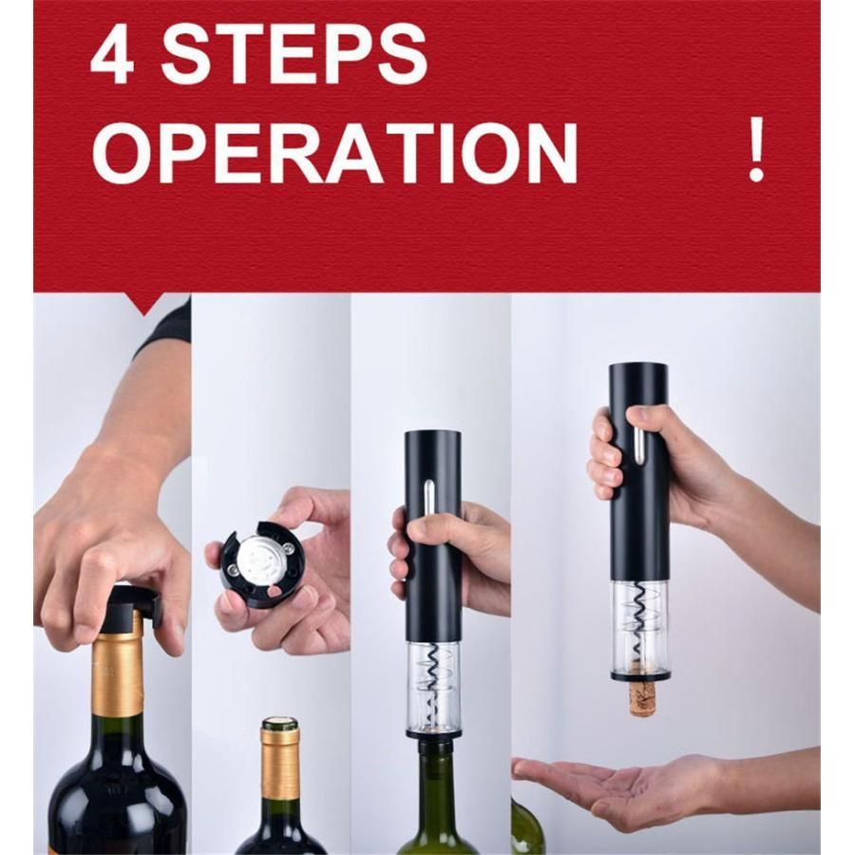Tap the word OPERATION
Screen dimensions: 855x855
[334, 153]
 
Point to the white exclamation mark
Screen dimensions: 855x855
[756, 150]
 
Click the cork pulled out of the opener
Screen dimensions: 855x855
[641, 697]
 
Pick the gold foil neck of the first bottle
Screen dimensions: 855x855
[120, 674]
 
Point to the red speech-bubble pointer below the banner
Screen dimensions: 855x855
[144, 304]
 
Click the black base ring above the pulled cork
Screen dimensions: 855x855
[640, 676]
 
